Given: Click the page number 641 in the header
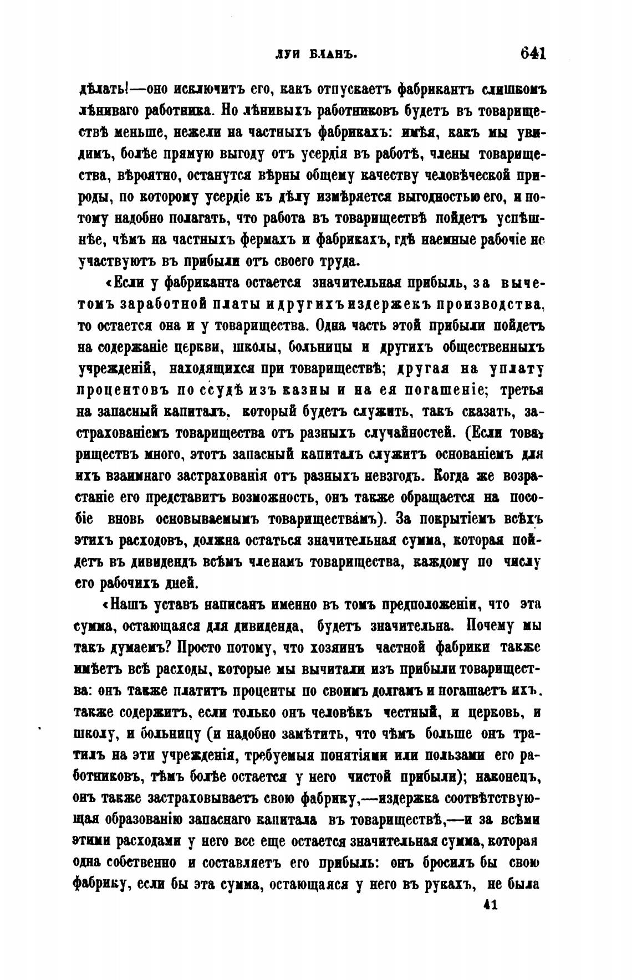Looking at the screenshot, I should point(533,54).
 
